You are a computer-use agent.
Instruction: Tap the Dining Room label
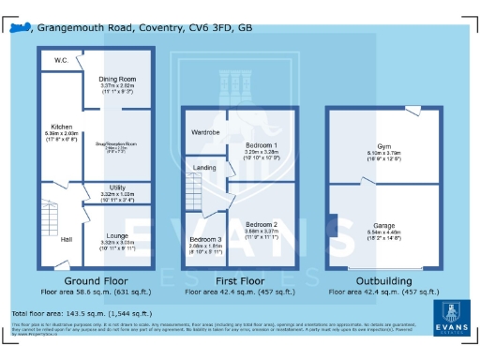click(x=118, y=79)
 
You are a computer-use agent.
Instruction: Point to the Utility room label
click(x=118, y=187)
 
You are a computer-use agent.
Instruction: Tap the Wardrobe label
click(x=206, y=133)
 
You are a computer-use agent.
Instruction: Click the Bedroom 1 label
click(x=262, y=146)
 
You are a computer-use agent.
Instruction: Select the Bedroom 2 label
click(x=262, y=225)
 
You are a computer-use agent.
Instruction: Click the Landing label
click(x=204, y=168)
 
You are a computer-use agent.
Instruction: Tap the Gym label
click(x=384, y=147)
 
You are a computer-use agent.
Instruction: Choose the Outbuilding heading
click(x=385, y=281)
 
